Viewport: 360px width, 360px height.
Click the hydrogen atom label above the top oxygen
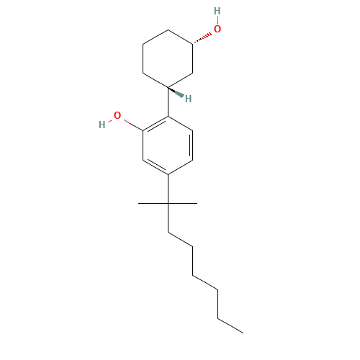pos(217,11)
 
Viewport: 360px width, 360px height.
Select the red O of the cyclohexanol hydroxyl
pos(217,30)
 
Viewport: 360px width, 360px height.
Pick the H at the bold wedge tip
pos(188,99)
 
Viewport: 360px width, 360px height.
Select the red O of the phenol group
pos(117,116)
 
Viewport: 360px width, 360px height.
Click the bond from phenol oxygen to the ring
pos(132,124)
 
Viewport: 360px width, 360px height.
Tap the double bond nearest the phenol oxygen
pos(156,125)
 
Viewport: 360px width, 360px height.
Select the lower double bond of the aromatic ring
pos(156,166)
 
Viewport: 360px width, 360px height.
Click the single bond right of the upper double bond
pos(180,124)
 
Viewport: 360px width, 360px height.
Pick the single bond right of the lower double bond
pos(180,166)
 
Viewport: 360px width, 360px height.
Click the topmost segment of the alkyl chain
pos(180,240)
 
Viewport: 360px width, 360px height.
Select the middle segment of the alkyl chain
pos(205,282)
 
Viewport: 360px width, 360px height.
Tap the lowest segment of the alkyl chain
pos(230,325)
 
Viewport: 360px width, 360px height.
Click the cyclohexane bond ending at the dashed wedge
pos(180,37)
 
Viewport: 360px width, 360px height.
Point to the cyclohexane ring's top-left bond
pos(156,37)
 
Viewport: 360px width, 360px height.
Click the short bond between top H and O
pos(217,20)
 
